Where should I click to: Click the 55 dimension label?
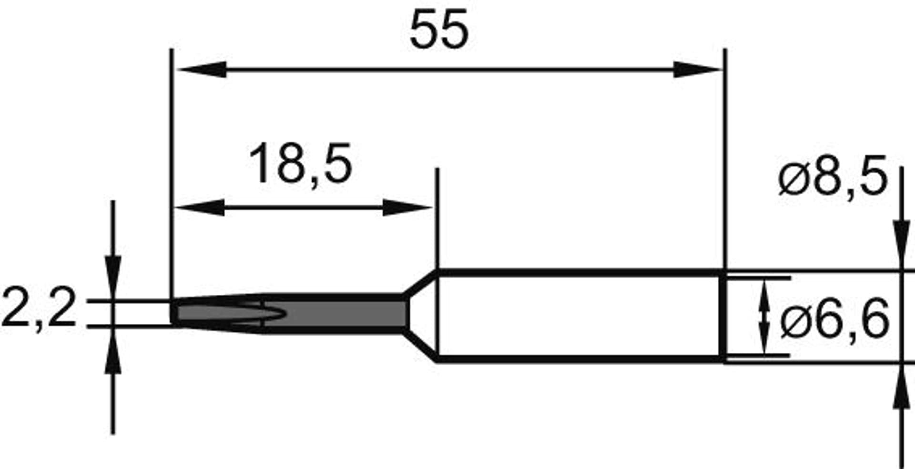click(439, 30)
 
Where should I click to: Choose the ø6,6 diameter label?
click(834, 318)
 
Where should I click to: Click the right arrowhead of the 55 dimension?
click(697, 70)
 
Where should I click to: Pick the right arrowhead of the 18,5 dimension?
click(408, 208)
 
